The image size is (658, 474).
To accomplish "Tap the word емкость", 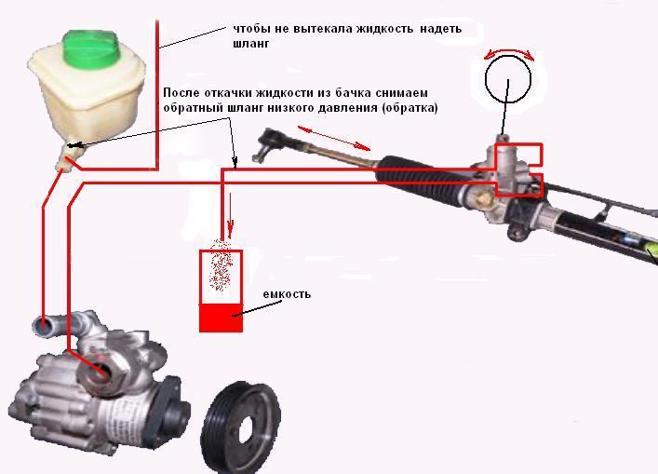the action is point(287,294).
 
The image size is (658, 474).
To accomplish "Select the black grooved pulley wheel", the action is point(241,427).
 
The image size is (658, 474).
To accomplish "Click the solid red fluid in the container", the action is point(222,318).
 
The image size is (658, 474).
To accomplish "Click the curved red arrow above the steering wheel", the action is point(509,50).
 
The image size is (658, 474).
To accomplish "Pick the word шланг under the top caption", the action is point(251,43).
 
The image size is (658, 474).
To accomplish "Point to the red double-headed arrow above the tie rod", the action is point(334,138).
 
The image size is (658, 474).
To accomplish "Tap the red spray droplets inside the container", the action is point(221,265).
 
